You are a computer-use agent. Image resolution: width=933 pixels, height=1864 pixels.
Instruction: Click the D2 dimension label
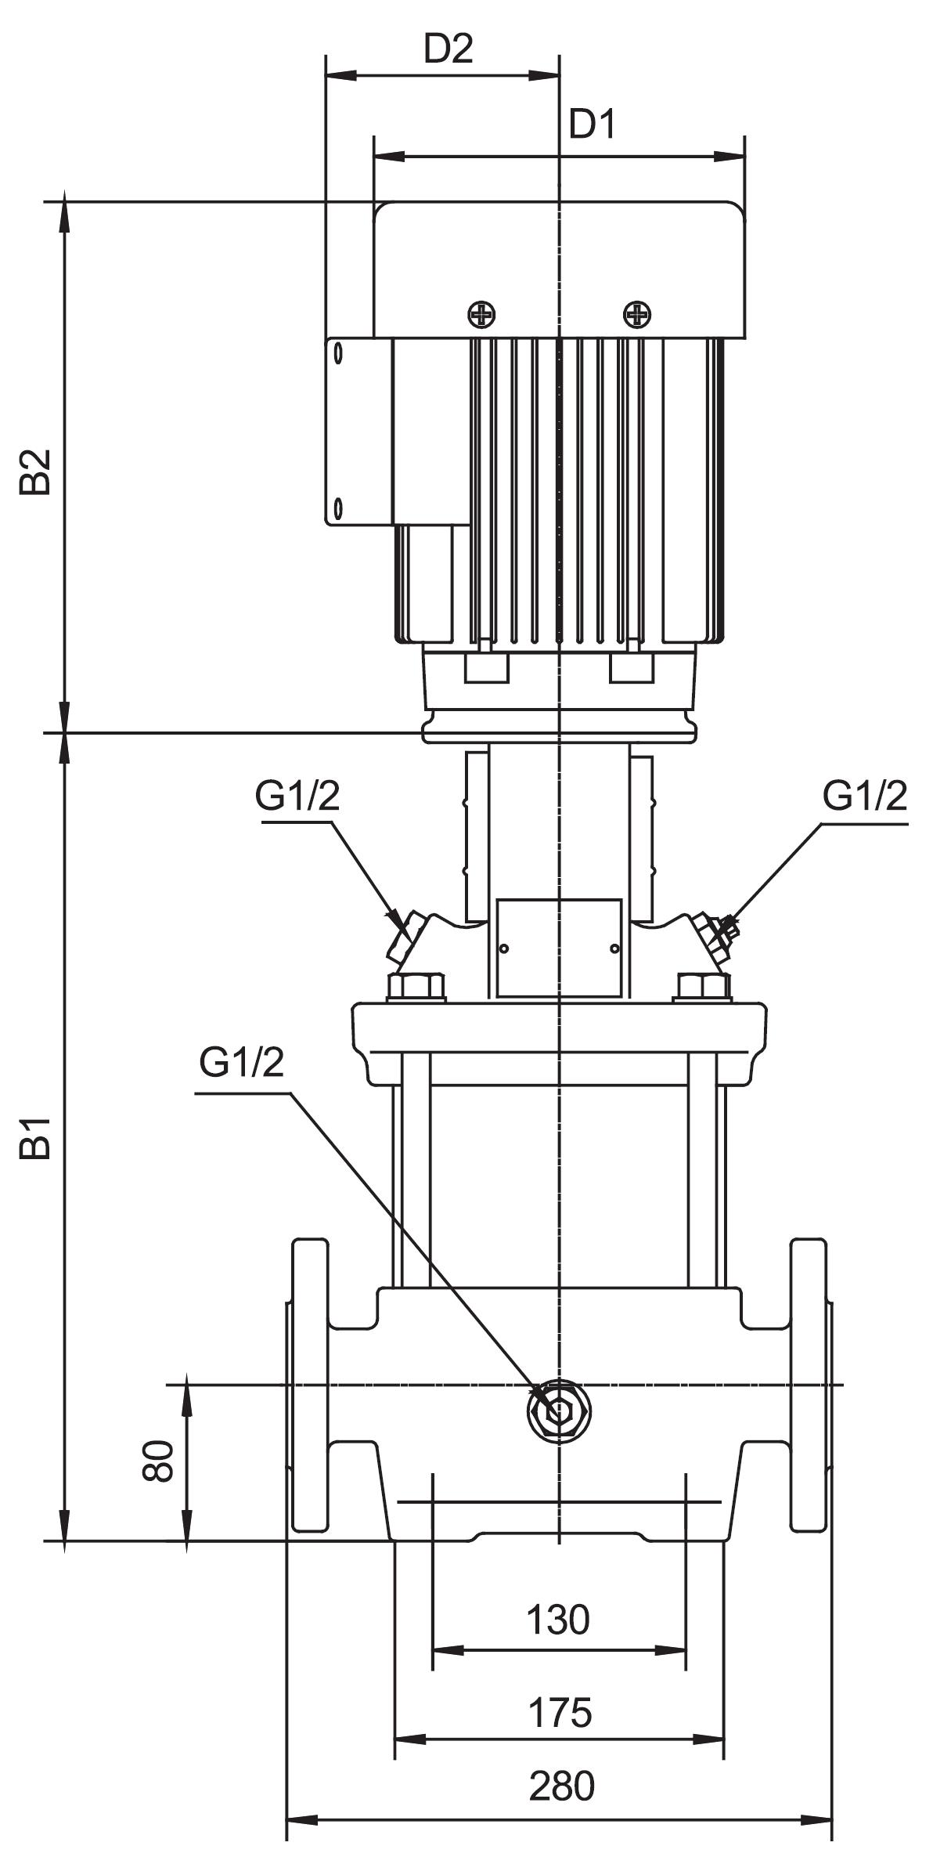click(x=448, y=50)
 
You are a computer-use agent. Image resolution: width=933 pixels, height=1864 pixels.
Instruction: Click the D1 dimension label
click(x=593, y=125)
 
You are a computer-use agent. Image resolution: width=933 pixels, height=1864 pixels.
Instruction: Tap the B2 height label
click(x=37, y=471)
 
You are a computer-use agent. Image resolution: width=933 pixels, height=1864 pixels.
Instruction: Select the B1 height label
click(x=37, y=1137)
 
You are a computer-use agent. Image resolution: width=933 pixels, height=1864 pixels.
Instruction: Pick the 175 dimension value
click(x=560, y=1713)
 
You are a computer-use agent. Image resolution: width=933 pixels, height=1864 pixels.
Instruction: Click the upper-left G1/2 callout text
click(x=297, y=797)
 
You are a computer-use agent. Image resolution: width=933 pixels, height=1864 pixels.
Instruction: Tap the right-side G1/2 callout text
click(x=865, y=797)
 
